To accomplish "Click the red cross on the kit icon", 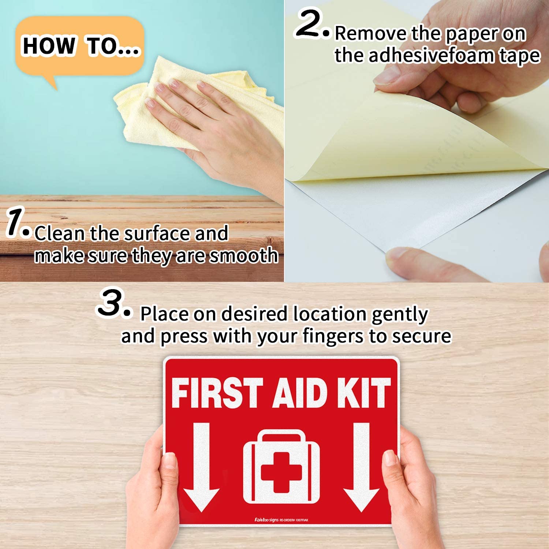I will pos(281,472).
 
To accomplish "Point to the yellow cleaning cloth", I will pos(154,106).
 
